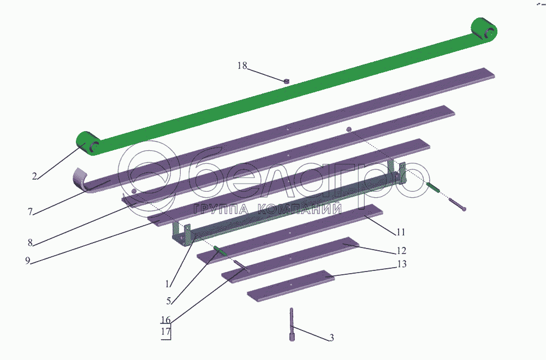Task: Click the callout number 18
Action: pyautogui.click(x=242, y=66)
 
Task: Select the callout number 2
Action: pyautogui.click(x=34, y=176)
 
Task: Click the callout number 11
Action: pyautogui.click(x=401, y=232)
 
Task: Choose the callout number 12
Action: pyautogui.click(x=401, y=251)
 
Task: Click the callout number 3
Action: pyautogui.click(x=331, y=338)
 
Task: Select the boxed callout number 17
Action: pyautogui.click(x=166, y=331)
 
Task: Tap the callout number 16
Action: pyautogui.click(x=166, y=320)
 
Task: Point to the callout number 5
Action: pyautogui.click(x=169, y=300)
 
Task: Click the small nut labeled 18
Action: pyautogui.click(x=286, y=81)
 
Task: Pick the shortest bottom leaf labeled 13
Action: pyautogui.click(x=290, y=285)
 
